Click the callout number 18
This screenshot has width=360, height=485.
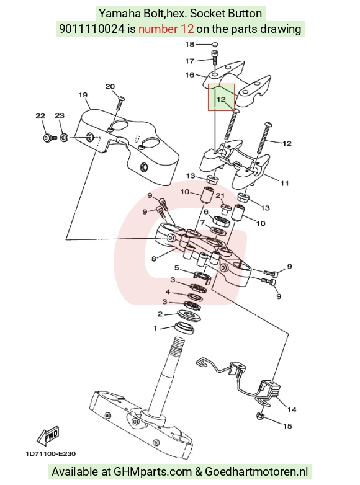pos(189,44)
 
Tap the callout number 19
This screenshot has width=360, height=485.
pos(83,95)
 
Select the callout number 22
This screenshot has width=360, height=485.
pos(40,116)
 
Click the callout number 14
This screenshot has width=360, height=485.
pos(292,410)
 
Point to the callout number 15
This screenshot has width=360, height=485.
pos(287,426)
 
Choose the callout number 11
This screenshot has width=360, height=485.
pos(284,184)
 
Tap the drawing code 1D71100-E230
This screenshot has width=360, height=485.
pos(50,454)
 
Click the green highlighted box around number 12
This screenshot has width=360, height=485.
pos(221,97)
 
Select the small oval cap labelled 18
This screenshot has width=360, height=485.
pos(216,44)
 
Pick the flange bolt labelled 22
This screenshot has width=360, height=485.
pos(50,138)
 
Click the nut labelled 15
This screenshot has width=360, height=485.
pos(260,416)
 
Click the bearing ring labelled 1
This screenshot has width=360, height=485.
pos(185,328)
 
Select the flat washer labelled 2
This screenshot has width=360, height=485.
pos(189,315)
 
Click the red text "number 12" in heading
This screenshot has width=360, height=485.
pos(166,29)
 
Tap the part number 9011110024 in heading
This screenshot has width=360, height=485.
pos(92,29)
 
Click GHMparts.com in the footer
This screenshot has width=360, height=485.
pos(153,472)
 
